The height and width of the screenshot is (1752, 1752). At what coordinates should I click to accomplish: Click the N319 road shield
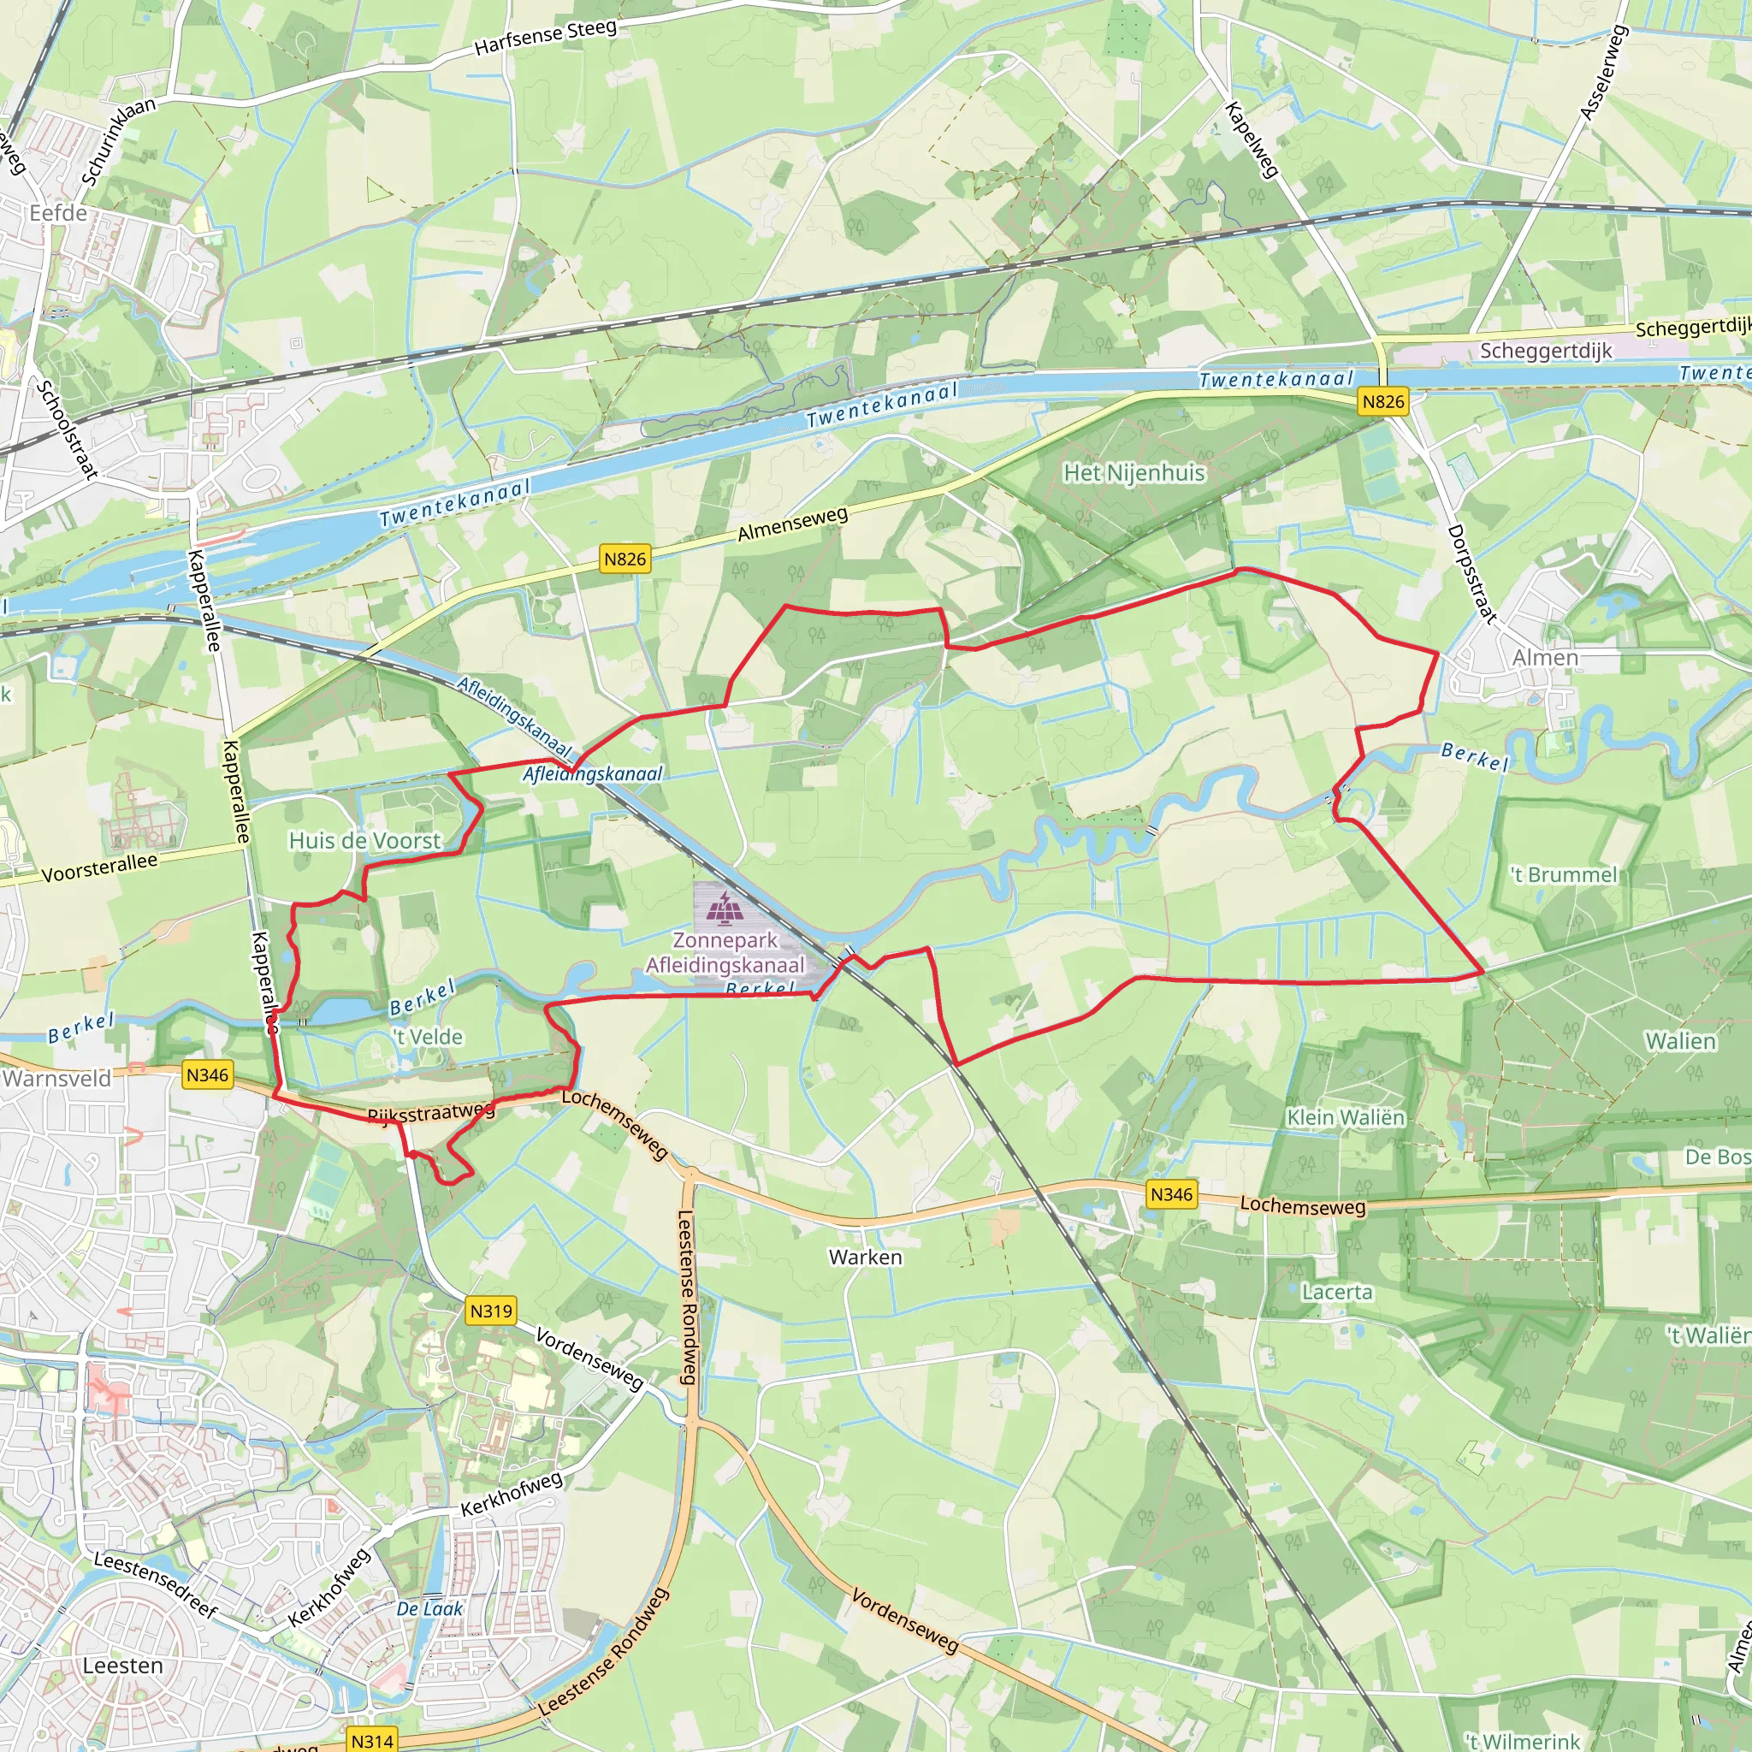490,1311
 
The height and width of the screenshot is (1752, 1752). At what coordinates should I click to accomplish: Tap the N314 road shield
372,1740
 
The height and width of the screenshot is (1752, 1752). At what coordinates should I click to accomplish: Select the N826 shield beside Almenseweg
624,559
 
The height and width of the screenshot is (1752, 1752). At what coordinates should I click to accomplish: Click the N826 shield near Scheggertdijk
1383,402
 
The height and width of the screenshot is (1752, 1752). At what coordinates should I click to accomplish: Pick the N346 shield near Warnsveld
207,1075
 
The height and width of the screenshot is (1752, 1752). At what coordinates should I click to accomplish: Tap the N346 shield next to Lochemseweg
1171,1194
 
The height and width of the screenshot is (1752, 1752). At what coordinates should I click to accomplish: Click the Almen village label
1544,658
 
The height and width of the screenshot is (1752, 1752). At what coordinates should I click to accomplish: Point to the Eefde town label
58,213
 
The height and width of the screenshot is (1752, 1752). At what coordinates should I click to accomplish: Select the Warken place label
865,1257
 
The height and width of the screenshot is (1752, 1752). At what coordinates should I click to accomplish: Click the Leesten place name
122,1666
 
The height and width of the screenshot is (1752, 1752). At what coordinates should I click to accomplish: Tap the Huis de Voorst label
364,841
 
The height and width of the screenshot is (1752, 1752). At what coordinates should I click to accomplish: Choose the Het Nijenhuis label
1133,472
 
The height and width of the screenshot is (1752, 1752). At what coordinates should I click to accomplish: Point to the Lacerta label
1337,1291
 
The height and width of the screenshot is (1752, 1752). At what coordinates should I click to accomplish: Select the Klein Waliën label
1346,1117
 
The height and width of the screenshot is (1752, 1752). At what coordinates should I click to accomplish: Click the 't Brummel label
1564,875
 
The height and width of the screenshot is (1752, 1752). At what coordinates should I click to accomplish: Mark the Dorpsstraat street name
1470,573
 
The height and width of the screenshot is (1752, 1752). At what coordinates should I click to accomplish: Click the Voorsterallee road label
100,867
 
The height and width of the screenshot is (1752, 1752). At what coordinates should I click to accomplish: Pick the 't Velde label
427,1037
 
